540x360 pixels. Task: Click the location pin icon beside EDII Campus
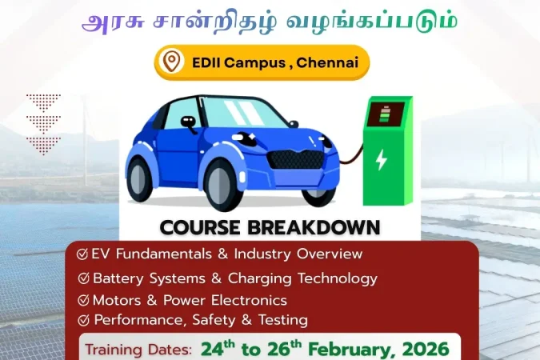(x=171, y=62)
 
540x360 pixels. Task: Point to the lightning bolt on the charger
(x=382, y=159)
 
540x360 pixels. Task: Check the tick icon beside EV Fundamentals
(x=82, y=254)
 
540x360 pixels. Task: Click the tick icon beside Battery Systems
(x=83, y=279)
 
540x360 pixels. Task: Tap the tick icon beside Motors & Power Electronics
(x=83, y=301)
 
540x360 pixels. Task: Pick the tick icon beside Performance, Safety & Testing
(x=83, y=320)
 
